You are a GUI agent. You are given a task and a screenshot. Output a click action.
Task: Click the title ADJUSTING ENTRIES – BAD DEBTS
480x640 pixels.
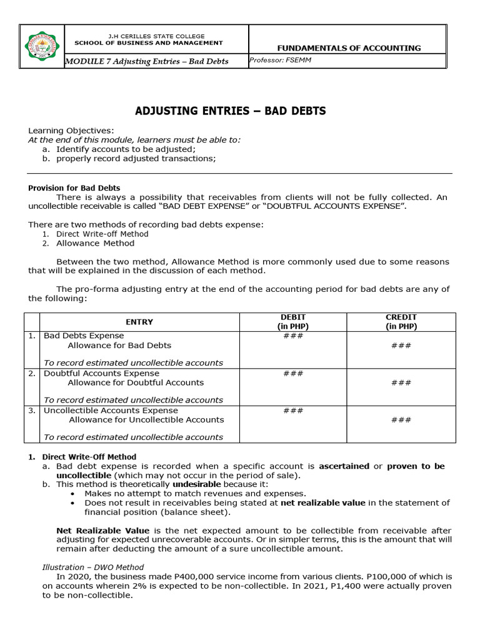(x=231, y=111)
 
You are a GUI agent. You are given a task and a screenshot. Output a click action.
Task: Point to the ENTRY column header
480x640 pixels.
(x=139, y=322)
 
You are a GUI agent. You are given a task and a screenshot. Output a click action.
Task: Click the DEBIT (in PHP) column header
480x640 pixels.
(x=293, y=322)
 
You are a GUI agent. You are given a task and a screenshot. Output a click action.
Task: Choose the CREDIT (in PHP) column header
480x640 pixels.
(x=401, y=322)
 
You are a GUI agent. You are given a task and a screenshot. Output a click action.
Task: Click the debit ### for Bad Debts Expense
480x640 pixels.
(x=293, y=336)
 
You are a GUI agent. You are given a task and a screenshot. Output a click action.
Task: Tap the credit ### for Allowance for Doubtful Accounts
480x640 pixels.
(x=401, y=382)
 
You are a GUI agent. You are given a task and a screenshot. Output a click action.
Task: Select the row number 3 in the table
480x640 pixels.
(x=31, y=411)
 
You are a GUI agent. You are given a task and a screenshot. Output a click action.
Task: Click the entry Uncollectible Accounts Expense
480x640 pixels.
(x=111, y=411)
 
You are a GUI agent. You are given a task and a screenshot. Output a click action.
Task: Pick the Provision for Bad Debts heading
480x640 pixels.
(x=74, y=187)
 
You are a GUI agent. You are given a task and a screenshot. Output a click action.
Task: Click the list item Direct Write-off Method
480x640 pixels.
(x=102, y=234)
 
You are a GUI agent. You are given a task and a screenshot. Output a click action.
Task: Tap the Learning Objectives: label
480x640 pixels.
(x=71, y=130)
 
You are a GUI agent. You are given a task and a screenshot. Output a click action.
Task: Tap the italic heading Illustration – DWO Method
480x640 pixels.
(x=92, y=567)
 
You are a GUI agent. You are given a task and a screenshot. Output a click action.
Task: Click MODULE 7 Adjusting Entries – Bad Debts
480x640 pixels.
(x=147, y=61)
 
